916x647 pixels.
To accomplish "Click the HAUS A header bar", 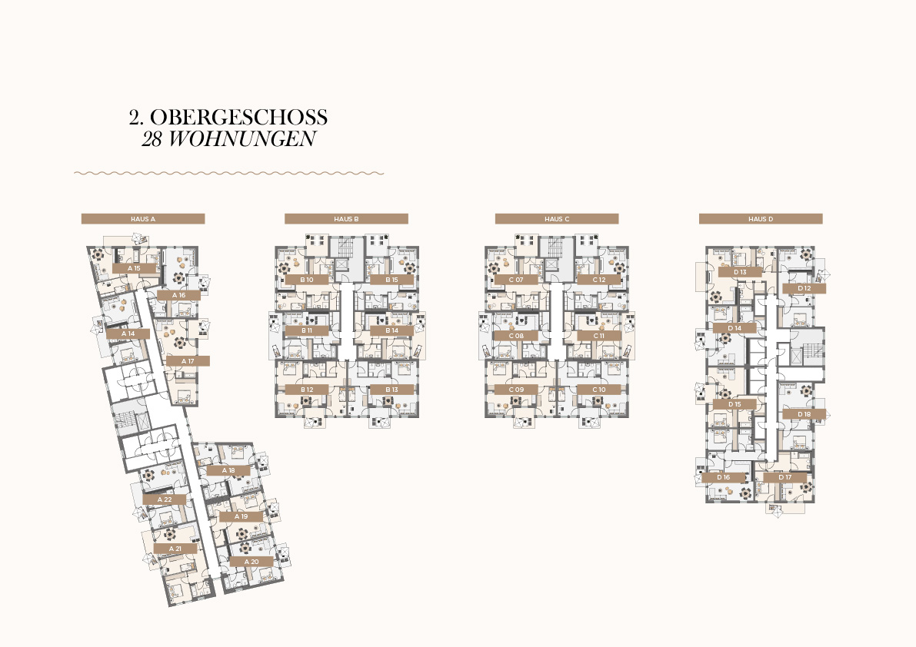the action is (143, 219).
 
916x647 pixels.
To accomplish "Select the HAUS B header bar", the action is (346, 219).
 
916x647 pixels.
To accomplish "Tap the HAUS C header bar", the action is (557, 219).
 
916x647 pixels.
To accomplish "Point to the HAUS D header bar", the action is (761, 219).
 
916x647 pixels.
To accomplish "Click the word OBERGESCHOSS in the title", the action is (239, 118).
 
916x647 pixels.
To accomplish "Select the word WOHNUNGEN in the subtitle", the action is (242, 139).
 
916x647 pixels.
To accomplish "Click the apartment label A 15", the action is (134, 268).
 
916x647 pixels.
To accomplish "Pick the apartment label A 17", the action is (188, 361).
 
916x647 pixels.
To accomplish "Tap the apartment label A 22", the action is (165, 499).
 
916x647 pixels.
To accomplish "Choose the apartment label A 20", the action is (251, 562).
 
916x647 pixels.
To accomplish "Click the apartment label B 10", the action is (307, 280).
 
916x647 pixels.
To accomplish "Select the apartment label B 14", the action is (392, 330).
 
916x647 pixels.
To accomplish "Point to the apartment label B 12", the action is (307, 390).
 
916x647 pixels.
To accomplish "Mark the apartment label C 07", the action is (516, 280).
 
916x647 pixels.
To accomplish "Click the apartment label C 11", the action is (599, 336).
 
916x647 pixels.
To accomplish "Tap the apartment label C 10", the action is (599, 390).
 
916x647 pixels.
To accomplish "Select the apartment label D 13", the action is (740, 272).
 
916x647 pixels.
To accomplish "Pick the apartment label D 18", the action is (804, 414).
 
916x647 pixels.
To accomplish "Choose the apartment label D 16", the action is (723, 477).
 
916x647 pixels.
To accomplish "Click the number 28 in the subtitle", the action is (152, 139).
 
